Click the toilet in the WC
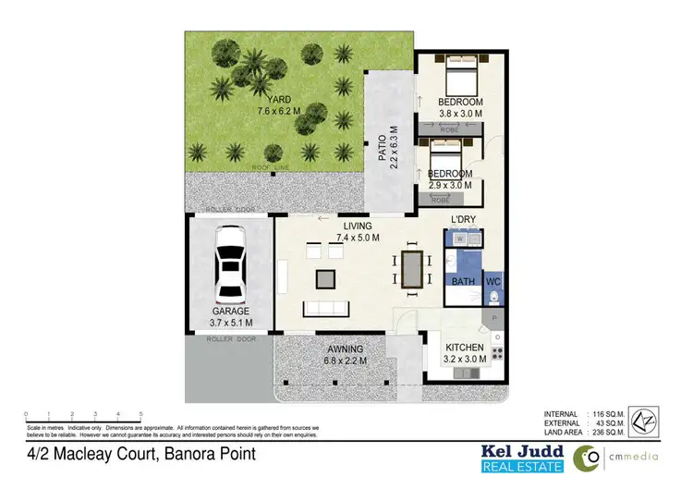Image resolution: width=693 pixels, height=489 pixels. point(494,296)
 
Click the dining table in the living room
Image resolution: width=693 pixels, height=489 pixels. point(410,269)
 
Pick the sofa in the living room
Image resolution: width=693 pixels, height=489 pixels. point(325,308)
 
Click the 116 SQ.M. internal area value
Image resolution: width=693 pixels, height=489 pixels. point(611,413)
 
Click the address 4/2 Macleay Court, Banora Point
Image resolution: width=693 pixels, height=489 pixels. point(140,455)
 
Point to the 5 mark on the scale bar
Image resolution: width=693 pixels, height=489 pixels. point(140,415)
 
